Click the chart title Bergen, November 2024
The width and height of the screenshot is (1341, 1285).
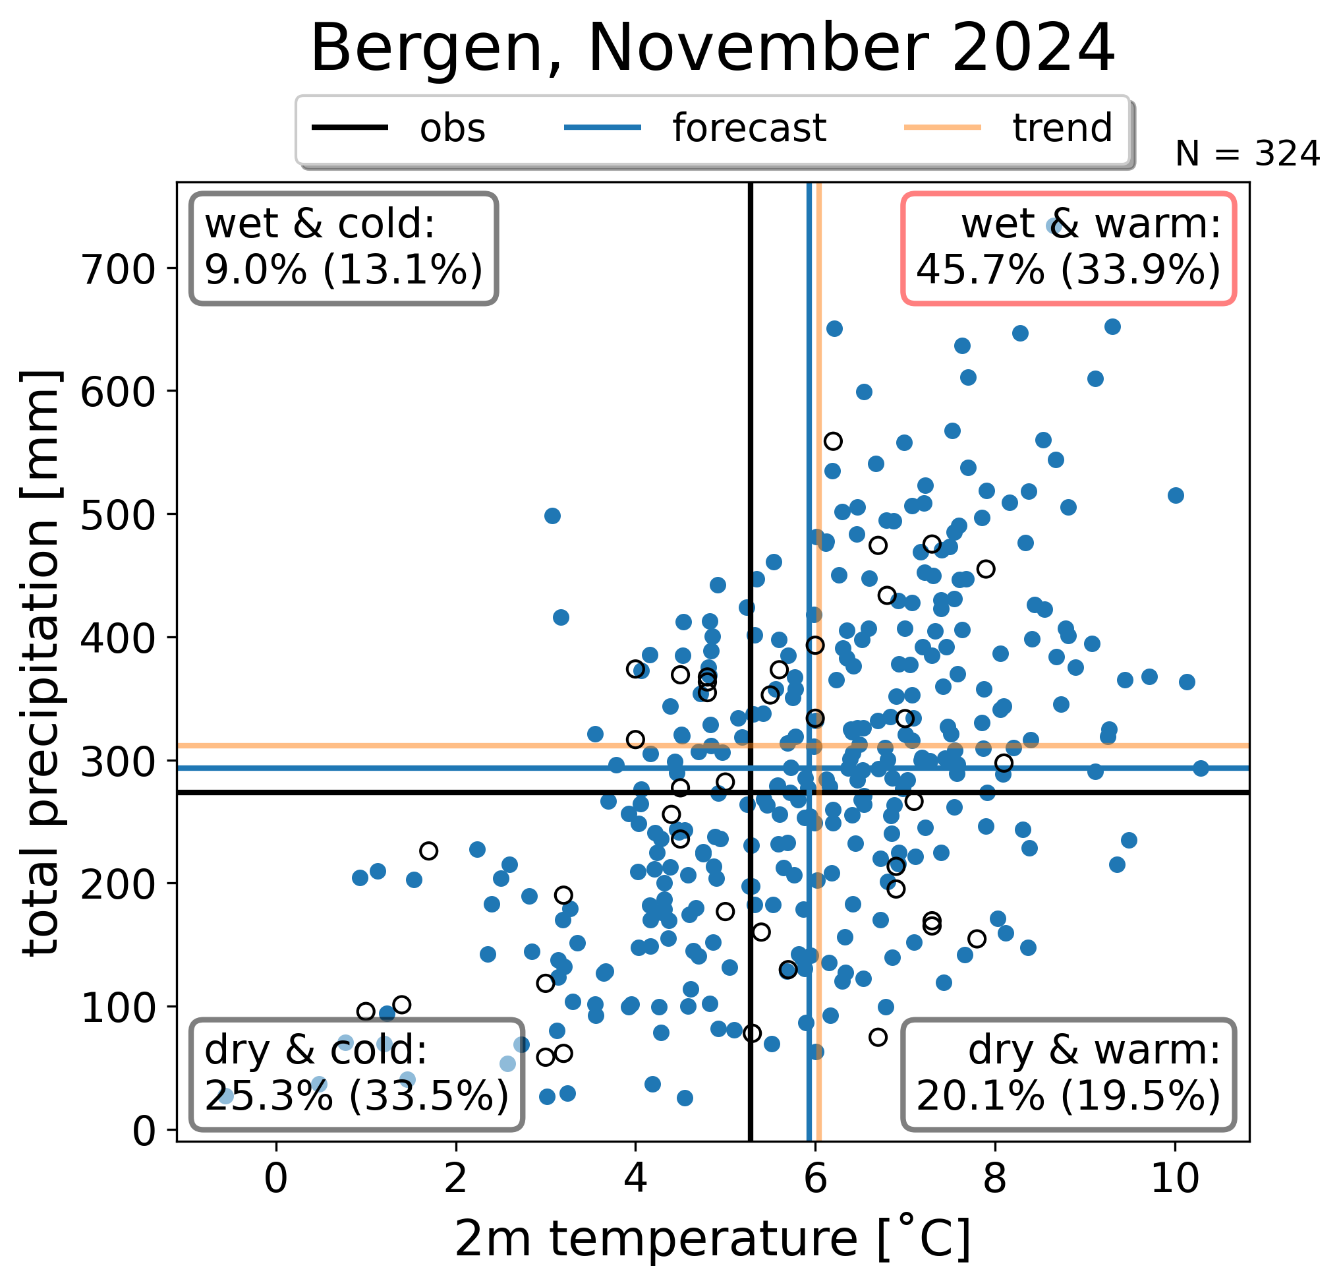[x=712, y=48]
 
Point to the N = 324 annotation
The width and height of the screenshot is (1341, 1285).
[x=1247, y=154]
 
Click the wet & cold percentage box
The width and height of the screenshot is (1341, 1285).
[x=343, y=248]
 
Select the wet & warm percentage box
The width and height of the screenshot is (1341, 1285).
[x=1068, y=248]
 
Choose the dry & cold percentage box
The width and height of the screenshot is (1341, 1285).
[x=357, y=1074]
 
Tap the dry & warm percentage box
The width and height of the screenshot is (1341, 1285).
[x=1068, y=1074]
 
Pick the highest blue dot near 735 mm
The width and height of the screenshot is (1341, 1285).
[x=1054, y=227]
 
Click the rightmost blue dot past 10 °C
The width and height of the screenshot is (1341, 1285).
[x=1201, y=768]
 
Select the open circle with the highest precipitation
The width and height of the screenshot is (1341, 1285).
[x=833, y=441]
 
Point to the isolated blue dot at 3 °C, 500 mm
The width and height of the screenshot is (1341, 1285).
[x=552, y=516]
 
